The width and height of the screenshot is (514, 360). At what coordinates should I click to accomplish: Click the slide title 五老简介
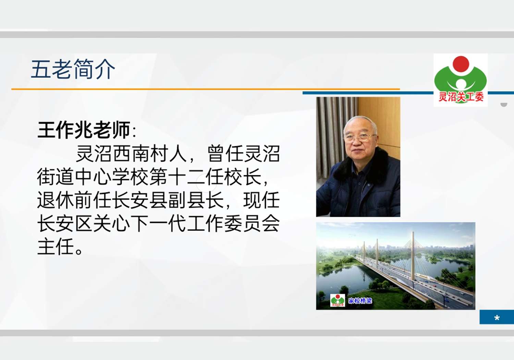click(73, 69)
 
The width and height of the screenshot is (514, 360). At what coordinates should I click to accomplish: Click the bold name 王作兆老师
click(84, 130)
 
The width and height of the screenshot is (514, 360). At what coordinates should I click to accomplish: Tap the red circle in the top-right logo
click(461, 64)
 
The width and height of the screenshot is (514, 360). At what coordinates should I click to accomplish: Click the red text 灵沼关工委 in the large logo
click(461, 97)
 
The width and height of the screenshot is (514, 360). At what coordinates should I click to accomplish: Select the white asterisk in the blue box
click(497, 318)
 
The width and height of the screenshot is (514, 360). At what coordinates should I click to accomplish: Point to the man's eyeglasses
click(359, 137)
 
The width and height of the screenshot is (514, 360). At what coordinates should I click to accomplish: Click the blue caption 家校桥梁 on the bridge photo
click(360, 301)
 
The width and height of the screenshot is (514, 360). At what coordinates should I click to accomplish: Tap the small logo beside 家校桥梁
click(338, 300)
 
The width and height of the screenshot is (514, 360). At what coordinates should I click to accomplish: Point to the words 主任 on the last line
click(56, 247)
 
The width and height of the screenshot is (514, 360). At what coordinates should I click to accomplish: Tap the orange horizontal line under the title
click(206, 89)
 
